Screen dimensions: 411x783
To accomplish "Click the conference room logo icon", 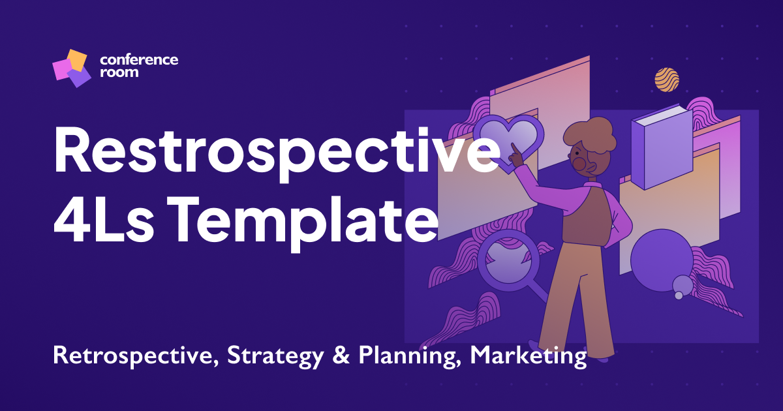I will [70, 68].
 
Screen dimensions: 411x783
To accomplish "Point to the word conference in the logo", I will [139, 60].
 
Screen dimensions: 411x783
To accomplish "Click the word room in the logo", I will [119, 72].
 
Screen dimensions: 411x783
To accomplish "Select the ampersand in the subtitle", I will [332, 356].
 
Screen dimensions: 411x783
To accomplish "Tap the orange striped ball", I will [667, 80].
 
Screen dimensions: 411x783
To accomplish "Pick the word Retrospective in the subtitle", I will [133, 357].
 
